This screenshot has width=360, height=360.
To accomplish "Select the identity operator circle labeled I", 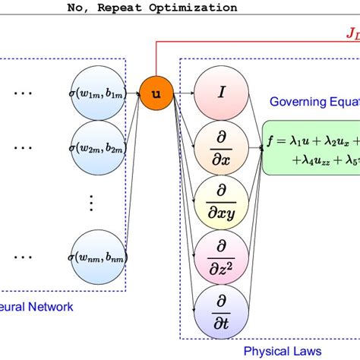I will click(x=221, y=93).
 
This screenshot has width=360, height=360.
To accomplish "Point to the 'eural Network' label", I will click(x=38, y=306).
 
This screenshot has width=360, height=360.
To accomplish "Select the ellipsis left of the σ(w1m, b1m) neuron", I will click(x=24, y=94).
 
